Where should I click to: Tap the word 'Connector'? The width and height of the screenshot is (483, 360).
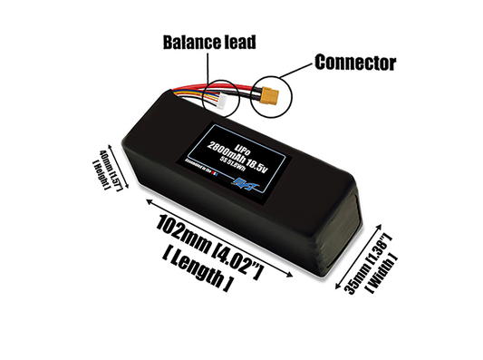355,63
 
